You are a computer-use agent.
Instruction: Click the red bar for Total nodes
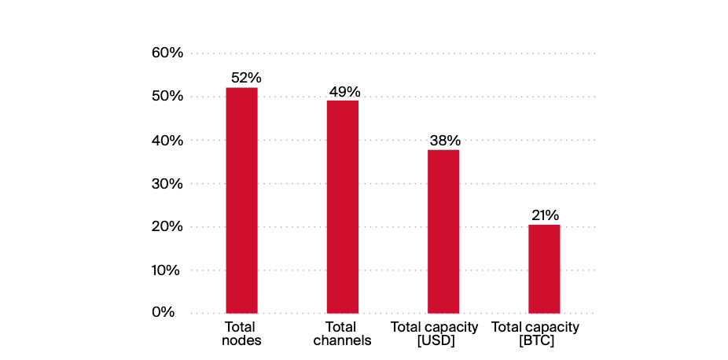[x=241, y=200]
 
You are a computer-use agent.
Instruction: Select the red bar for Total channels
[x=343, y=207]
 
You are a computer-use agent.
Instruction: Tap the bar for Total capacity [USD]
[x=443, y=231]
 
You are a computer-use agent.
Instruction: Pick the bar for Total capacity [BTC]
[x=544, y=269]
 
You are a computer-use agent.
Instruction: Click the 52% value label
[x=246, y=78]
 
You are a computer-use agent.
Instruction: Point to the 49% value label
[x=344, y=91]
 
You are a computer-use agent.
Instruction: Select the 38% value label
[x=445, y=141]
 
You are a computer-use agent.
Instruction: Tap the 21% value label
[x=544, y=215]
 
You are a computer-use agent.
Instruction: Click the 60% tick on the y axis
[x=167, y=53]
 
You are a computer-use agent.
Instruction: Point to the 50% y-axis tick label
[x=167, y=97]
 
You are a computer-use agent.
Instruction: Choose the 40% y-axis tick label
[x=167, y=140]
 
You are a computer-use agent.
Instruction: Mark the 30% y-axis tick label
[x=167, y=184]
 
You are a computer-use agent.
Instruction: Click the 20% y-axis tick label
[x=167, y=227]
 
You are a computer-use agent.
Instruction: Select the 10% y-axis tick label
[x=167, y=270]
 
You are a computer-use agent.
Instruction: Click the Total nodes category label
[x=241, y=333]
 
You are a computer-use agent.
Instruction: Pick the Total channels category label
[x=342, y=333]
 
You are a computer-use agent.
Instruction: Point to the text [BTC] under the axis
[x=535, y=341]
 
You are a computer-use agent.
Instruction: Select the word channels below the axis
[x=342, y=341]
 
